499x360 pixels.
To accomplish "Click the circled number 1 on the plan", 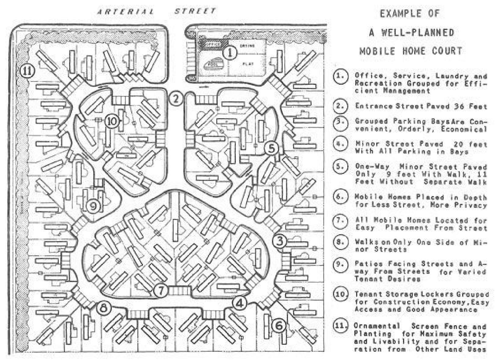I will pyautogui.click(x=230, y=52).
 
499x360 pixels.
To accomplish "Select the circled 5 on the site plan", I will pyautogui.click(x=271, y=148).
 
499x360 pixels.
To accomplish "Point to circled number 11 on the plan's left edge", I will pyautogui.click(x=27, y=71).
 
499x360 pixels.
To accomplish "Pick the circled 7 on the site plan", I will pyautogui.click(x=161, y=290).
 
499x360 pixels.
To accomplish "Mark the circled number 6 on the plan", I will pyautogui.click(x=279, y=326).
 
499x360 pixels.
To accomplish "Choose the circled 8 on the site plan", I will pyautogui.click(x=104, y=309).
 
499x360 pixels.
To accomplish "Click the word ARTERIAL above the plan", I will pyautogui.click(x=125, y=12).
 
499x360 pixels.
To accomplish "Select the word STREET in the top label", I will pyautogui.click(x=195, y=12).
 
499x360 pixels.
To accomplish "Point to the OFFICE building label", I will pyautogui.click(x=212, y=44).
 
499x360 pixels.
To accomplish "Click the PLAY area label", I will pyautogui.click(x=248, y=64).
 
